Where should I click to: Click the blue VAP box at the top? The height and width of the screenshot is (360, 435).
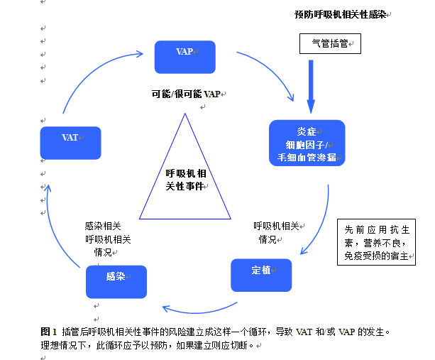coord(185,57)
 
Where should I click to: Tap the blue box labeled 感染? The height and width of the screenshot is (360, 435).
coord(116,281)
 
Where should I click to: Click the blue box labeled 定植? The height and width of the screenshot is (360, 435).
coord(261,275)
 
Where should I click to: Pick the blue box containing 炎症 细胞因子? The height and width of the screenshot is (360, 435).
coord(307,143)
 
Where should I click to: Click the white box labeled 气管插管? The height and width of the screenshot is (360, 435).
coord(330,44)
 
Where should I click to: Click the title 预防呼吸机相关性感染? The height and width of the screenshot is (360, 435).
coord(340,14)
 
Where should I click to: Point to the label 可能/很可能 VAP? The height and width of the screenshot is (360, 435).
coord(186,94)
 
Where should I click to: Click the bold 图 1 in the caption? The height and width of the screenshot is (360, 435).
coord(49,332)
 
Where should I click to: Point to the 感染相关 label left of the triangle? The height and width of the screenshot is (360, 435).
coord(103,227)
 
